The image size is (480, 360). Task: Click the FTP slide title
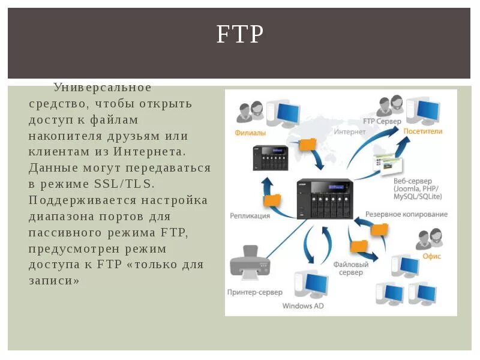[x=240, y=35]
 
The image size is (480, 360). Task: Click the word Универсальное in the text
[x=102, y=88]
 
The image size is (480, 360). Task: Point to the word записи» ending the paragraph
[x=54, y=280]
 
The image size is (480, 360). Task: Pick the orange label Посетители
[x=422, y=131]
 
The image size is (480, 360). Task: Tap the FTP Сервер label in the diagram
[x=382, y=121]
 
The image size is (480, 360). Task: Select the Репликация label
[x=250, y=215]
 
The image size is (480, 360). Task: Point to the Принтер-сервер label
[x=250, y=292]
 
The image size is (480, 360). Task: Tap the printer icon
[x=250, y=262]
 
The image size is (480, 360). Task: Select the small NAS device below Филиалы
[x=270, y=158]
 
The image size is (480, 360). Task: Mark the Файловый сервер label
[x=350, y=268]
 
